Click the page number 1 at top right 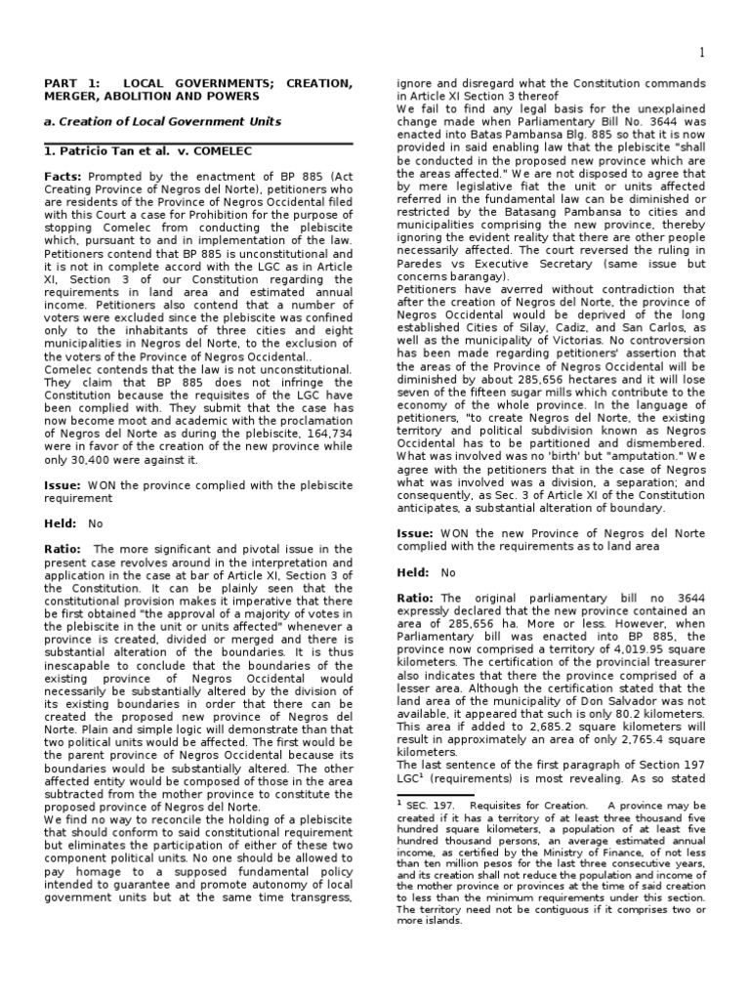click(701, 51)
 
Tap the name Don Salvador click(585, 693)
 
